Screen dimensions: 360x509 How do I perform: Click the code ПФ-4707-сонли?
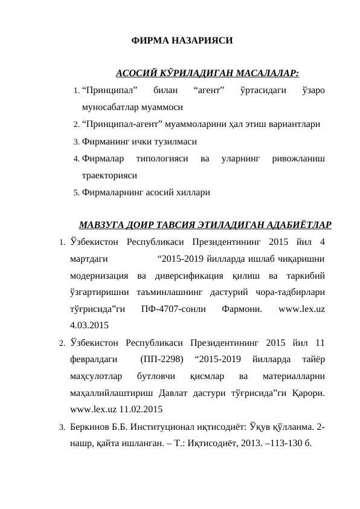(x=172, y=310)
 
